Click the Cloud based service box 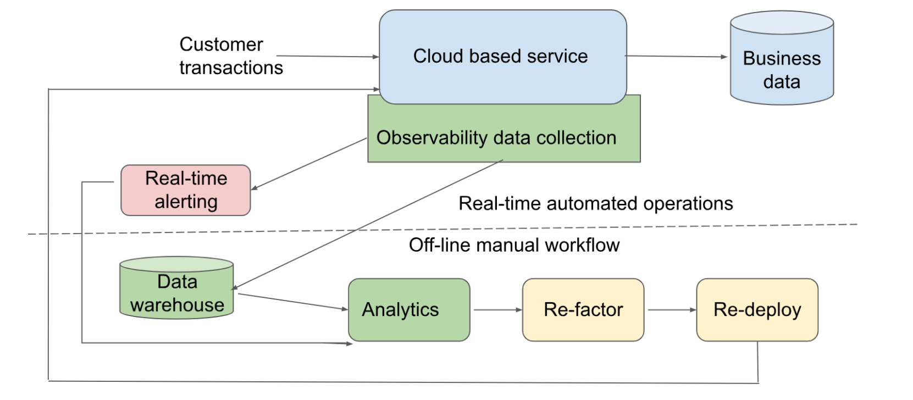[x=502, y=57]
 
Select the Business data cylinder [x=782, y=58]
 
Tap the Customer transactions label [x=231, y=56]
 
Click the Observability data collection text [x=496, y=138]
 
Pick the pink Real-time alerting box [x=185, y=190]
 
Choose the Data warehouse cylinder [x=176, y=287]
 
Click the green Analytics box [x=409, y=310]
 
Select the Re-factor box [x=583, y=310]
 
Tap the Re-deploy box [x=757, y=310]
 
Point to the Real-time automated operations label [x=595, y=203]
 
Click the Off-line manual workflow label [x=514, y=245]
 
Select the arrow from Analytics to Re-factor [x=497, y=310]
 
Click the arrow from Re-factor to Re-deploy [x=672, y=310]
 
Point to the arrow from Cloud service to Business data [x=677, y=56]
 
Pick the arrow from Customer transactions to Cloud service [x=328, y=56]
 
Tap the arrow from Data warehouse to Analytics [x=293, y=302]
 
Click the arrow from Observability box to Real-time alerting [x=309, y=164]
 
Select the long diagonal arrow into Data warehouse [x=367, y=225]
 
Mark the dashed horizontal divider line [x=442, y=229]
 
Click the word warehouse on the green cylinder [x=178, y=305]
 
